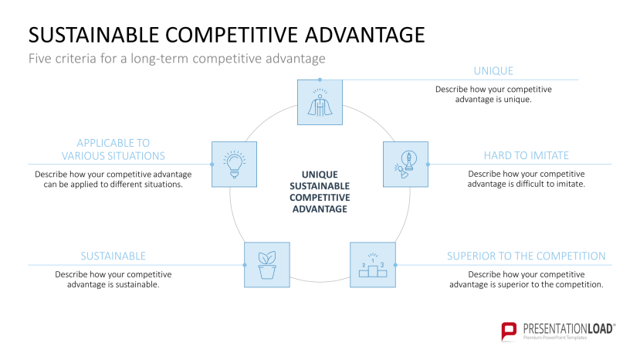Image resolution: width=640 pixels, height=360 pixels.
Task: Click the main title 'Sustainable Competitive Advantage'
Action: pyautogui.click(x=225, y=35)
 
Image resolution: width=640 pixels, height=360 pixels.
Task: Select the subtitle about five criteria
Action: pyautogui.click(x=177, y=58)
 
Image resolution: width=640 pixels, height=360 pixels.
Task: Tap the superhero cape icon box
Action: pyautogui.click(x=320, y=103)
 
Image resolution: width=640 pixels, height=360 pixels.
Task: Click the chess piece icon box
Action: pyautogui.click(x=405, y=164)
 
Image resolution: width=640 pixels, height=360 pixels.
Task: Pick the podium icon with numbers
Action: pyautogui.click(x=372, y=265)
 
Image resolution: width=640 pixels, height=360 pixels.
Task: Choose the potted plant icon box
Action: pyautogui.click(x=266, y=265)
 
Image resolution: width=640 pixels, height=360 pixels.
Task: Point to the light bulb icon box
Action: pyautogui.click(x=234, y=164)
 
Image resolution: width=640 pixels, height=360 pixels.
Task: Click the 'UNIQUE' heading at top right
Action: pyautogui.click(x=493, y=71)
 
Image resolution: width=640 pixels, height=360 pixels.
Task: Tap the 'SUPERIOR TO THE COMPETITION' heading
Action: pyautogui.click(x=526, y=256)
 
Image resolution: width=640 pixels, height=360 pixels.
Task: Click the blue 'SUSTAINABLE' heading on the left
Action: pyautogui.click(x=113, y=256)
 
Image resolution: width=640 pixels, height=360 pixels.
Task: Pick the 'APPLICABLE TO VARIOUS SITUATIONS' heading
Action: pyautogui.click(x=113, y=149)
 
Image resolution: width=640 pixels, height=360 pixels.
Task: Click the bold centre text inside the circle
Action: pyautogui.click(x=320, y=192)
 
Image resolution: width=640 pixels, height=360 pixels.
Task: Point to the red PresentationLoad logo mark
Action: pyautogui.click(x=509, y=331)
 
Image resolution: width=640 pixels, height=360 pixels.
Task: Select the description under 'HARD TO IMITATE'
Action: pyautogui.click(x=526, y=179)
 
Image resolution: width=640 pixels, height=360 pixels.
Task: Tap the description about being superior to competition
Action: pyautogui.click(x=526, y=280)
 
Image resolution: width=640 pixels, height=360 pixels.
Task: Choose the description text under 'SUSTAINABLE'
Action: pyautogui.click(x=113, y=280)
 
